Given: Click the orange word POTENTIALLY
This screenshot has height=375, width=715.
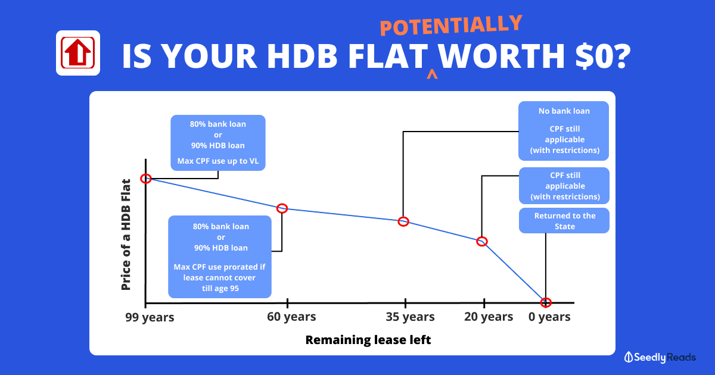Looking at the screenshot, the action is [450, 25].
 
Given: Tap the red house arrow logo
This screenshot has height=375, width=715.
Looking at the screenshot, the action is [78, 53].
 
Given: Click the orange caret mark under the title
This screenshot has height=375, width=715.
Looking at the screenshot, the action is [432, 74].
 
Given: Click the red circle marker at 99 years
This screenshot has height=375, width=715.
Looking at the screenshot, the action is [146, 179].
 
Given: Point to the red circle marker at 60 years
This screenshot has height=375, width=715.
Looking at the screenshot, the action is [282, 208].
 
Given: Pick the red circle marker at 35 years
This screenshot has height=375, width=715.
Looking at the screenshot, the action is [403, 221].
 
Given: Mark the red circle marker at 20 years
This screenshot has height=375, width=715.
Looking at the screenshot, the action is [482, 242].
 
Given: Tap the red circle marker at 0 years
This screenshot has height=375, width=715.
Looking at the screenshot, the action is [546, 302].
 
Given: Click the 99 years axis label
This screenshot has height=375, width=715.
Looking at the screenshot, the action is [150, 317].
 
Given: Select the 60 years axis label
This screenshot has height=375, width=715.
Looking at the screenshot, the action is [291, 317].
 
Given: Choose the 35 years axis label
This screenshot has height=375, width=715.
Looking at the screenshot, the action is [410, 317].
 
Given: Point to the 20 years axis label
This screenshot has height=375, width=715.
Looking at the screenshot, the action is [489, 317].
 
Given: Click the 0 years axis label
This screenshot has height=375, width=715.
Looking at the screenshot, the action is [549, 317].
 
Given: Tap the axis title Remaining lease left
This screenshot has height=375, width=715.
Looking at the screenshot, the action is [368, 340].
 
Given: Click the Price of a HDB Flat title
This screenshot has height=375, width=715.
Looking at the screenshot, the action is [126, 235].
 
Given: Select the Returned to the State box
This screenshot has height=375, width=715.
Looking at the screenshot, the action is [564, 221].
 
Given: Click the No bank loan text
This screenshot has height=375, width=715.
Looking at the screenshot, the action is [564, 111].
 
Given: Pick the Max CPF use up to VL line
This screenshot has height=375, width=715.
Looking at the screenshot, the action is [218, 161].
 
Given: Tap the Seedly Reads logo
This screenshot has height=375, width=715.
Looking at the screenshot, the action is [660, 357].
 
